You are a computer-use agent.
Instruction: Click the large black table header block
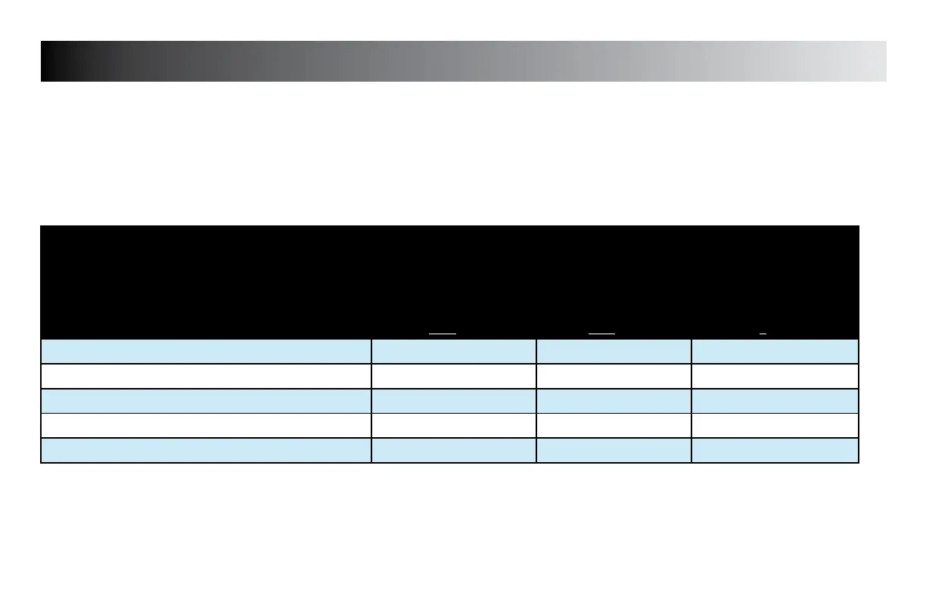pos(449,280)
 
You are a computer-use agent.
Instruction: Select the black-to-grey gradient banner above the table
pos(463,61)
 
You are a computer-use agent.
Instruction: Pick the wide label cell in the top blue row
pos(206,352)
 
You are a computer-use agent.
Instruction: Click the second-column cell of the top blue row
pos(453,352)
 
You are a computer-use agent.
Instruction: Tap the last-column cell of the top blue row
pos(775,352)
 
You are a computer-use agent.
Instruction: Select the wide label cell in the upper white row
pos(206,377)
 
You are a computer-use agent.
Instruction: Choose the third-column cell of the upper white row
pos(614,377)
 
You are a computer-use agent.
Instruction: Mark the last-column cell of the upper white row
pos(775,377)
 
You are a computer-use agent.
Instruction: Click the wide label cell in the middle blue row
pos(206,401)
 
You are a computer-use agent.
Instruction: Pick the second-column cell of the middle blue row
pos(453,401)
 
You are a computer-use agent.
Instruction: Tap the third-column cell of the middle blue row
pos(614,401)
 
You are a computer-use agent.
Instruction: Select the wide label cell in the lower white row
pos(206,426)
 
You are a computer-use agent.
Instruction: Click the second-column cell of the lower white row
pos(453,426)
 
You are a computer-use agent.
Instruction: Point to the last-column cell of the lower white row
pos(775,426)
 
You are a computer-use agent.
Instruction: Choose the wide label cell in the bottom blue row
pos(206,451)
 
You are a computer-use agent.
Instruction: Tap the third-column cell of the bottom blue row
pos(614,451)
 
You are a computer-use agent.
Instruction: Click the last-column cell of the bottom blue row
pos(775,451)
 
